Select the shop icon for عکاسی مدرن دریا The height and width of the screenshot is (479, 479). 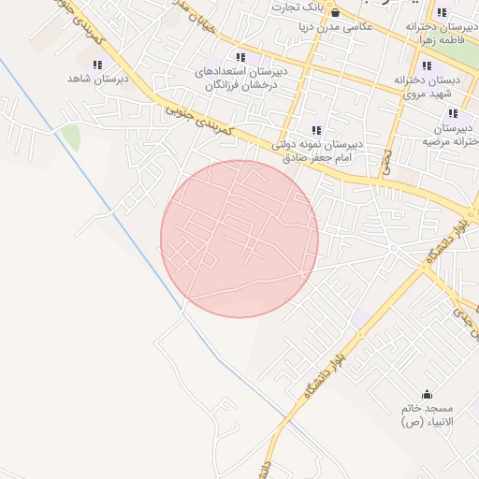(x=335, y=12)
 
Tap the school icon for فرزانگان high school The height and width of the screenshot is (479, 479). (x=242, y=58)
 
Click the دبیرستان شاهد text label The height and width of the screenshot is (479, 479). (x=90, y=79)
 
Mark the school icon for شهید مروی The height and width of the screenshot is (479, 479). (x=428, y=66)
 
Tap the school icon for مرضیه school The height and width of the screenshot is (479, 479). (x=453, y=113)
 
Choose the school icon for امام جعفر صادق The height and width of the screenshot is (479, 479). (x=316, y=131)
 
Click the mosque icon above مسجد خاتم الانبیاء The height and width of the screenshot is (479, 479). (x=428, y=395)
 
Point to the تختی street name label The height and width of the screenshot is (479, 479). (x=385, y=165)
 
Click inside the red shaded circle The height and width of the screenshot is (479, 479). (x=239, y=239)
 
